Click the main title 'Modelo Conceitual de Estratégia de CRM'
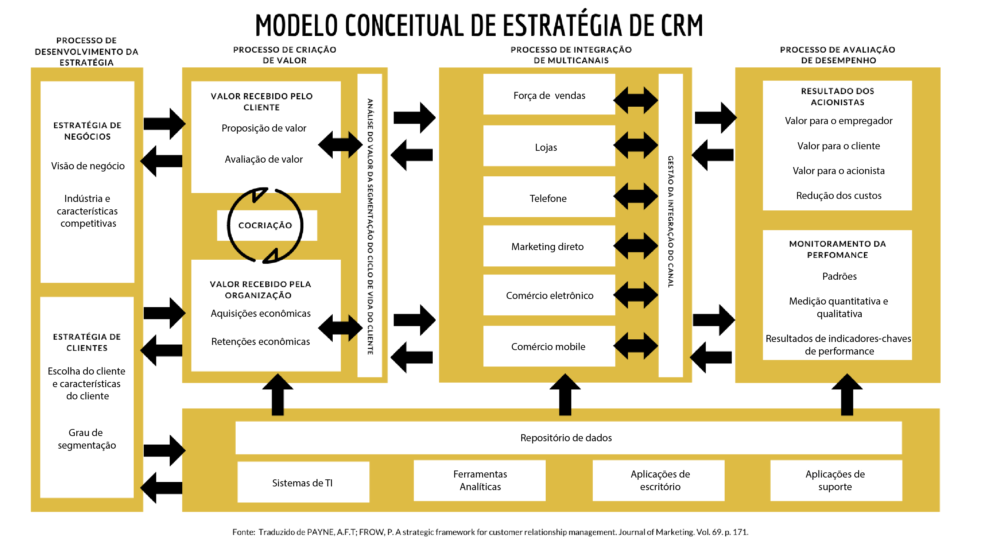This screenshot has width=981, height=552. click(x=479, y=25)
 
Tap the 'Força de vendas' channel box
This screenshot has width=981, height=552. click(x=549, y=94)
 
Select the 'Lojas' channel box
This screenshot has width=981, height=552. click(x=549, y=146)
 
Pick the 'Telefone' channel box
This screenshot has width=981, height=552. click(x=549, y=197)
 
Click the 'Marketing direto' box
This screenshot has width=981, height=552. click(x=549, y=246)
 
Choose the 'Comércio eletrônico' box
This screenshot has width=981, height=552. click(x=549, y=295)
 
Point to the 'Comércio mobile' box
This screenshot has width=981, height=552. click(x=549, y=346)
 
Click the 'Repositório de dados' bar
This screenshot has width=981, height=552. click(x=569, y=438)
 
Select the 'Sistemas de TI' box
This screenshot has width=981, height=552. click(x=303, y=482)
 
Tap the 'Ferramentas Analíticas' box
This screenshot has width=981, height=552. click(x=479, y=480)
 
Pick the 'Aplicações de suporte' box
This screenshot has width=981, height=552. click(x=836, y=480)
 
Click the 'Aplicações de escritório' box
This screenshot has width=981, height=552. click(x=658, y=480)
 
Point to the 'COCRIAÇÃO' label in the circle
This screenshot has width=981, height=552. click(x=265, y=226)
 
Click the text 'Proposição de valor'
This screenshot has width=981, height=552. click(x=263, y=129)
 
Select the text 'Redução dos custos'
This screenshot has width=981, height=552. click(x=839, y=196)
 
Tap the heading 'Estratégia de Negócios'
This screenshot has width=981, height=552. click(x=87, y=131)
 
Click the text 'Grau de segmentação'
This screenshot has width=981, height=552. click(x=86, y=439)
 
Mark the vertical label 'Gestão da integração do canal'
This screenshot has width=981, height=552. click(x=671, y=222)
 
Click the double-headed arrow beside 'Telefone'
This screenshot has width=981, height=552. click(x=636, y=196)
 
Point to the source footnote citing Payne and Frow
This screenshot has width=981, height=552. click(x=490, y=532)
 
